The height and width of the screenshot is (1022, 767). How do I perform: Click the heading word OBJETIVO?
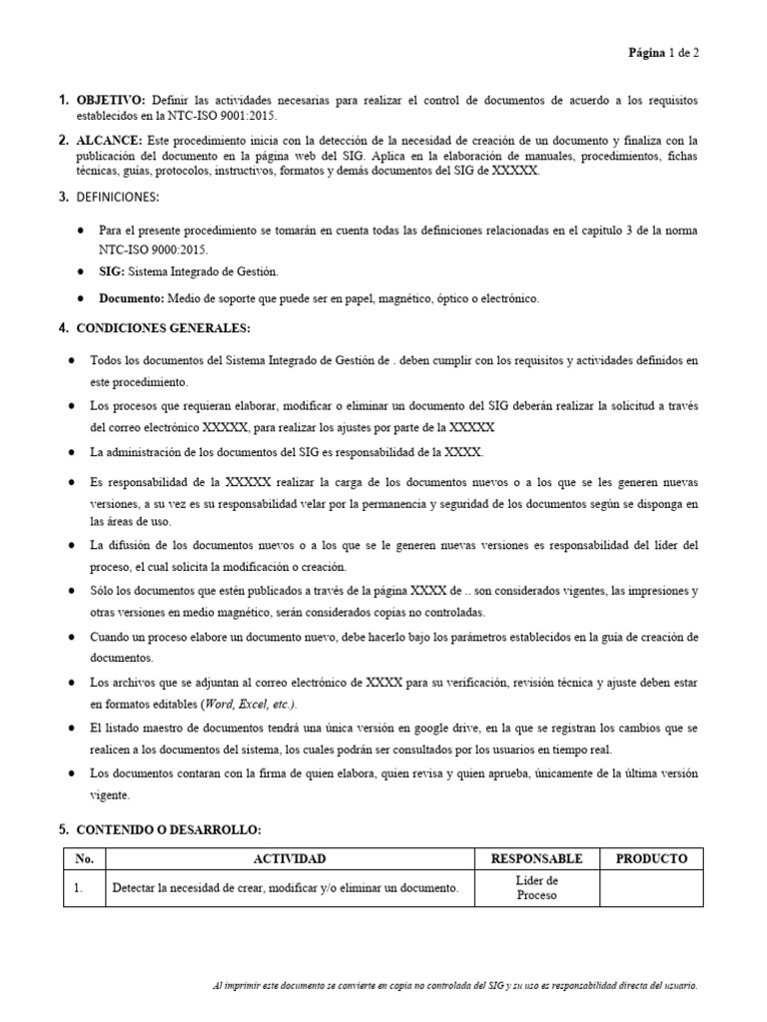[111, 101]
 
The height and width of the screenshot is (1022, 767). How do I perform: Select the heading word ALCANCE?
[109, 141]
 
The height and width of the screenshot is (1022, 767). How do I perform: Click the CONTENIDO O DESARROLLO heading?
[168, 829]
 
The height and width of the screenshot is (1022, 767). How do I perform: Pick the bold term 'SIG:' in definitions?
[110, 272]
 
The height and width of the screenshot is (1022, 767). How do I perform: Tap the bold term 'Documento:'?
[132, 298]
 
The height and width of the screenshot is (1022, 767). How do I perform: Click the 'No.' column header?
[84, 858]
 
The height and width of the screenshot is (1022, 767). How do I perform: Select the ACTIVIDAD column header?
[290, 858]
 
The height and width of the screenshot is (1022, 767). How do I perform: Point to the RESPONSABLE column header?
[536, 858]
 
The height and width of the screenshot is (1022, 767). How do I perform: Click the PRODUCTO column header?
[651, 858]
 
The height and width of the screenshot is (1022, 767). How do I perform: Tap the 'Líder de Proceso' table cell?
[536, 887]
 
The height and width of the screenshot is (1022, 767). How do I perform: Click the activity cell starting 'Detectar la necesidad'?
[285, 888]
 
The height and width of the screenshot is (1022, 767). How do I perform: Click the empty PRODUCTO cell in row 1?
[651, 887]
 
